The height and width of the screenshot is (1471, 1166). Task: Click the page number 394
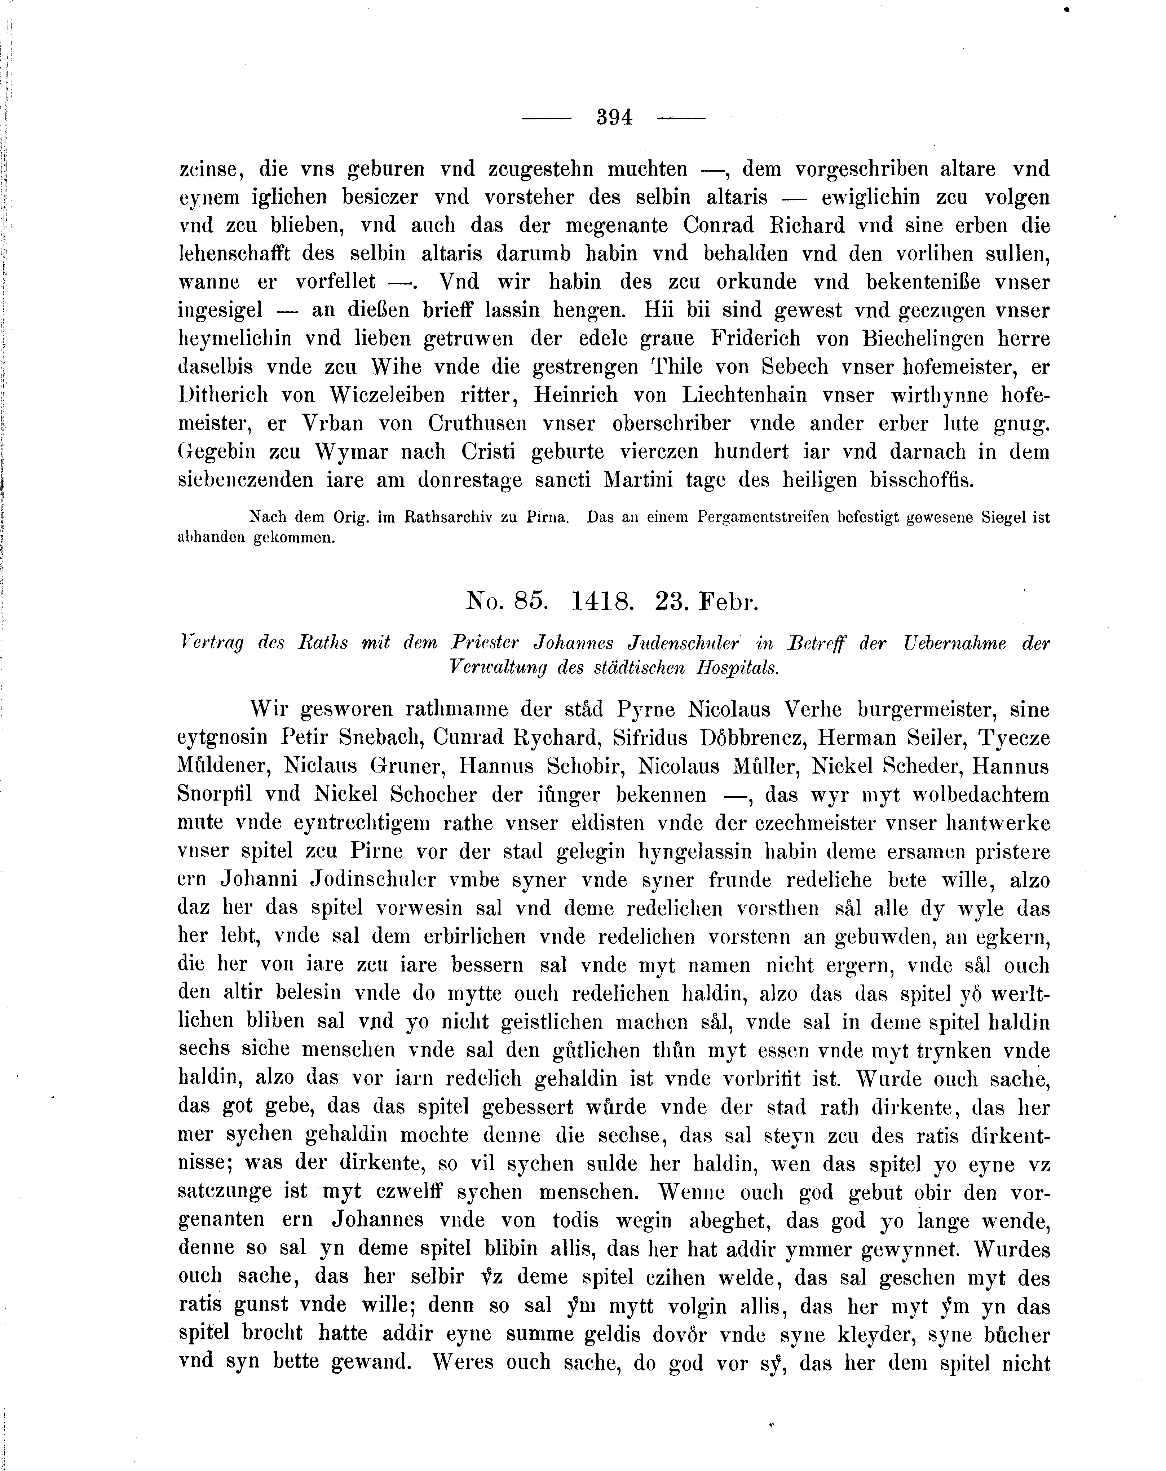tap(614, 118)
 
